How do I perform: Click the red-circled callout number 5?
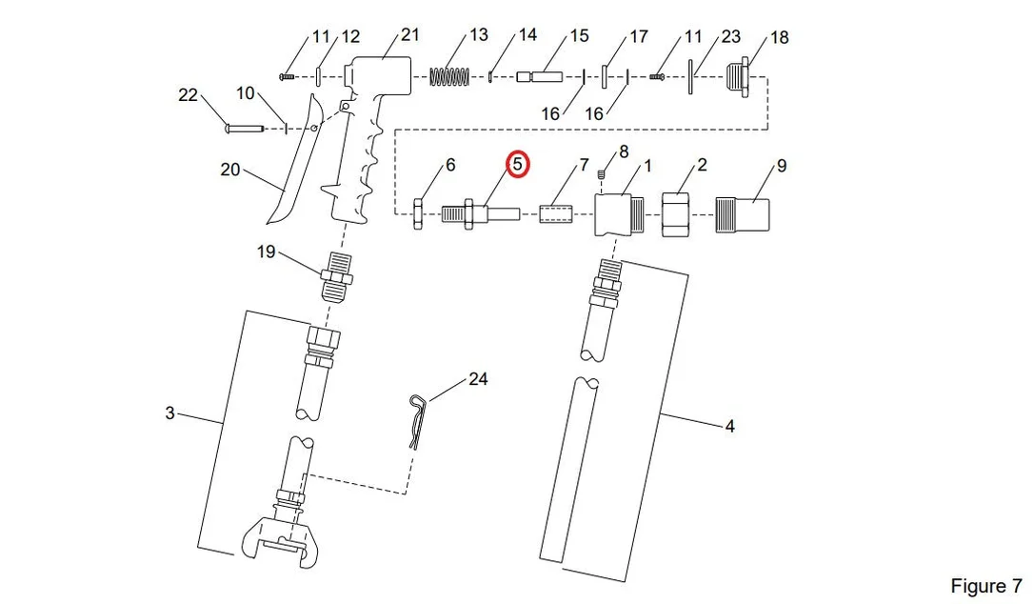(x=518, y=165)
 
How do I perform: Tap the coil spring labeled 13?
(x=449, y=76)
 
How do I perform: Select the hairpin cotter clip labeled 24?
(x=417, y=421)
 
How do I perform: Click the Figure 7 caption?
(x=985, y=586)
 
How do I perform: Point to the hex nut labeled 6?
(x=418, y=213)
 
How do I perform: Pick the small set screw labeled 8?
(x=602, y=174)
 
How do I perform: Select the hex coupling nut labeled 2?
(x=676, y=213)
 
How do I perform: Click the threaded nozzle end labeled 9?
(x=743, y=214)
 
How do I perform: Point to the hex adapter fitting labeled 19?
(x=336, y=276)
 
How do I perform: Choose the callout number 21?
(x=410, y=34)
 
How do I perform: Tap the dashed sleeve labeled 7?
(x=556, y=213)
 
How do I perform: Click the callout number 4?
(x=729, y=427)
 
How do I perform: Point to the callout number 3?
(x=169, y=413)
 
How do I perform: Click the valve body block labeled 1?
(x=619, y=214)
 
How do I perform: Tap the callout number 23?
(x=730, y=36)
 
